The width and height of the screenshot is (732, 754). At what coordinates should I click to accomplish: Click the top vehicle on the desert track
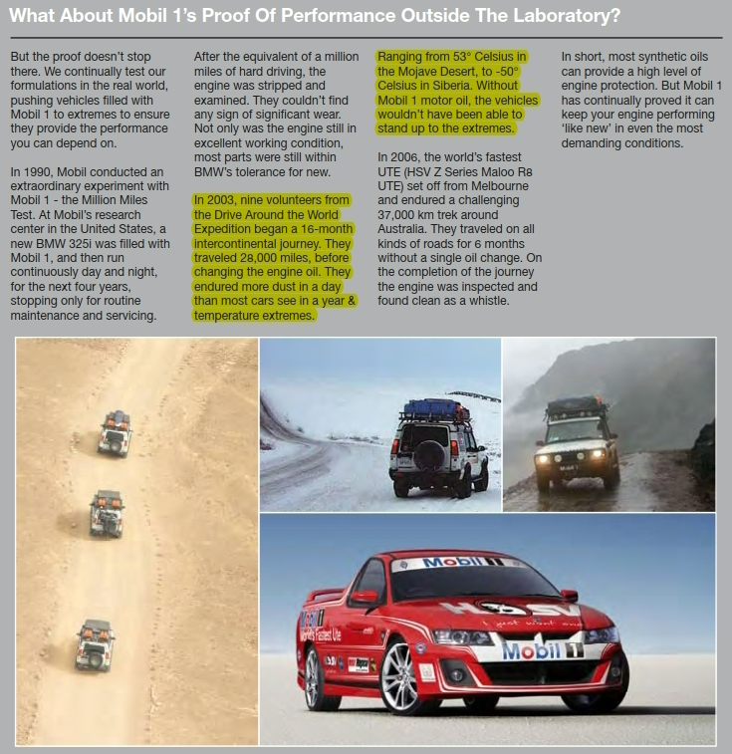[115, 432]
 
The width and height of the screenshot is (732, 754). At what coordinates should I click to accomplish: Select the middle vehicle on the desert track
[107, 513]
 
